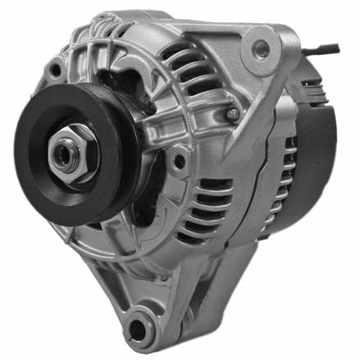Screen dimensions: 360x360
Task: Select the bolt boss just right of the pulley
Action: (x=177, y=161)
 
